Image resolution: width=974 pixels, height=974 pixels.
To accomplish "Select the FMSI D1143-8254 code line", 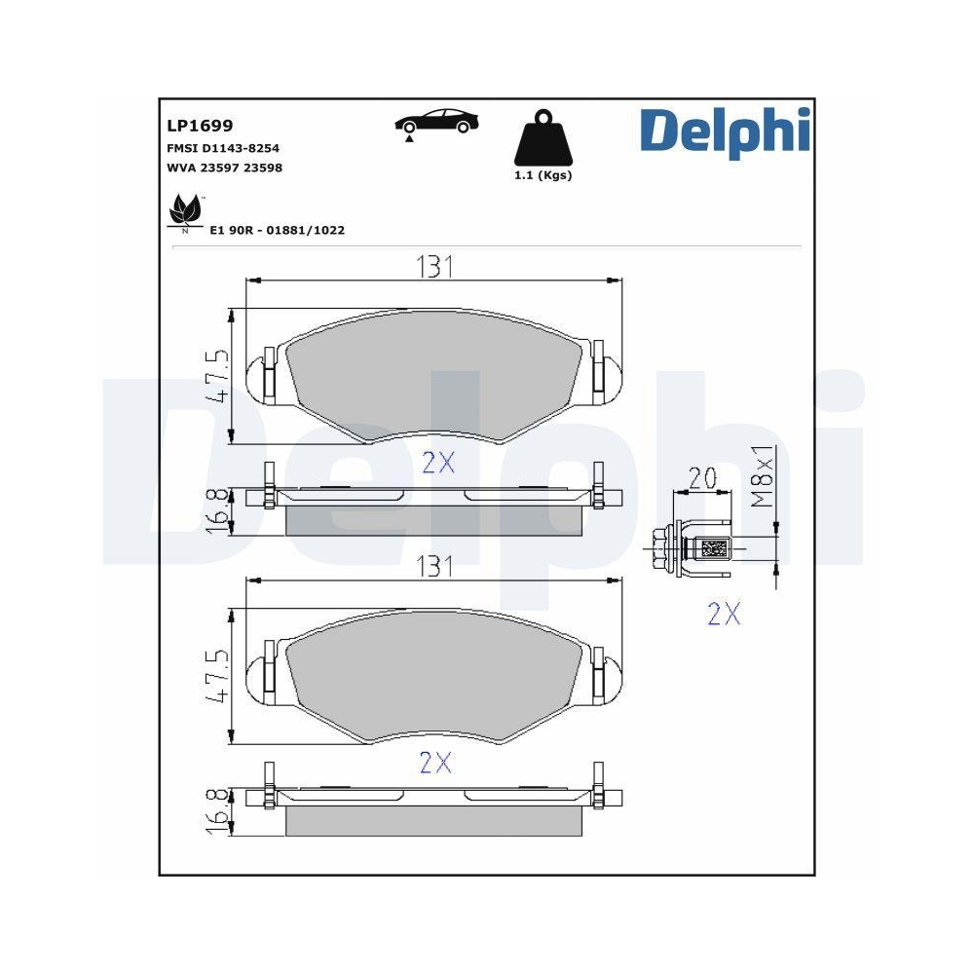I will tap(224, 148).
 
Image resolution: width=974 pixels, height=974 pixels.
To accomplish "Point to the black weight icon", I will tap(542, 143).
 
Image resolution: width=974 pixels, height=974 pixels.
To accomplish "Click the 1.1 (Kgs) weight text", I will tap(543, 176).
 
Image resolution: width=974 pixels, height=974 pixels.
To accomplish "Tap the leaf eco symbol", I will tap(185, 211).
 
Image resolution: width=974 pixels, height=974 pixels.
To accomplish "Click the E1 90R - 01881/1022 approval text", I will tap(278, 231).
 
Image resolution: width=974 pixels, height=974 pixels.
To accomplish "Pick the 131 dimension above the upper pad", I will tap(435, 267).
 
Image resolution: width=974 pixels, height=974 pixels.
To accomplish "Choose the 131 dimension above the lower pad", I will tap(435, 565).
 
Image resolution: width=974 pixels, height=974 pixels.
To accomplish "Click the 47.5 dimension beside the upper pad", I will tap(219, 377).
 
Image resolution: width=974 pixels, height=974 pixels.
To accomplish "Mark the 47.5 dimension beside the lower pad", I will tap(219, 675).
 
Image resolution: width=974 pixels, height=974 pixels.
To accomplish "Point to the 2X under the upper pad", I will tap(438, 464).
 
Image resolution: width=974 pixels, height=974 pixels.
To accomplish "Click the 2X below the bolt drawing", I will tap(724, 614).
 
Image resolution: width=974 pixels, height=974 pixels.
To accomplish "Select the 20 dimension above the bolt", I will tap(702, 478).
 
